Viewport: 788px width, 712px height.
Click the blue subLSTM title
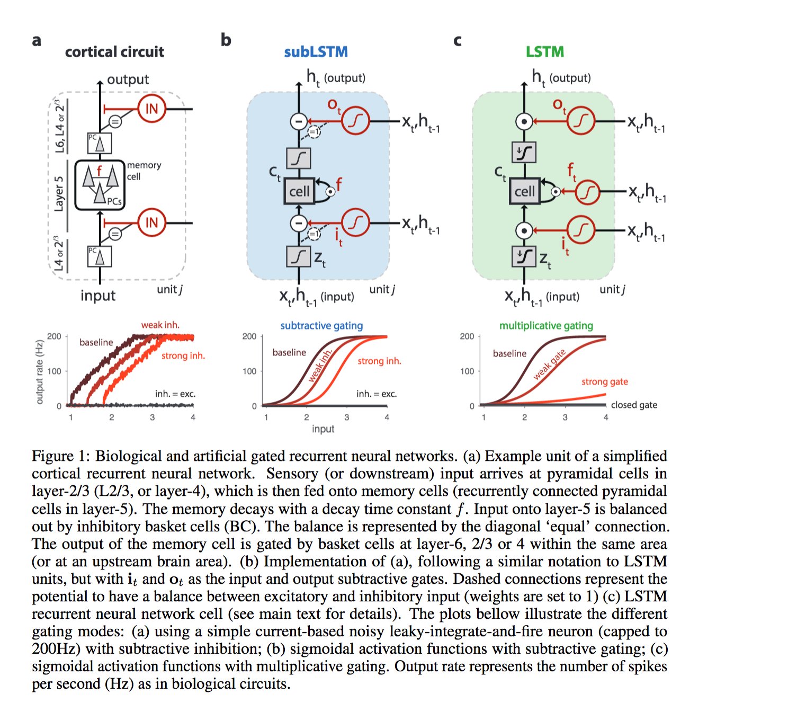coord(316,51)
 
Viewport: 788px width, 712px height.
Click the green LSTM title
coord(545,51)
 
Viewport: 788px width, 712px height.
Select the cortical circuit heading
coord(114,51)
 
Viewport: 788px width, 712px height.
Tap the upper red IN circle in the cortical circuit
coord(151,109)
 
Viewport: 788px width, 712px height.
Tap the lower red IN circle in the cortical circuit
coord(151,222)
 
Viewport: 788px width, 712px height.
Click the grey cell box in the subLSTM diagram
coord(299,191)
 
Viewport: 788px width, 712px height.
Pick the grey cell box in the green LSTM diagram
coord(524,191)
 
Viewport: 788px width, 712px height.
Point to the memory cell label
coord(144,171)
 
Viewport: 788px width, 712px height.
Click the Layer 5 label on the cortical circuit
coord(59,193)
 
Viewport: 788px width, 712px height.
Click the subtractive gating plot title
coord(321,325)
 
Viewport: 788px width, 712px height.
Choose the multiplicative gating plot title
coord(546,325)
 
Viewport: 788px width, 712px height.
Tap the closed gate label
coord(634,405)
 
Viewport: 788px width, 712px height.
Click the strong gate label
coord(605,381)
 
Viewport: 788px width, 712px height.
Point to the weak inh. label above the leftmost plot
coord(160,325)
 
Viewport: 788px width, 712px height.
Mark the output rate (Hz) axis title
coord(39,372)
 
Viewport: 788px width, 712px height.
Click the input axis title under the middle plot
coord(323,429)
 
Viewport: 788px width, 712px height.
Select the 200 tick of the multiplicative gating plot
coord(467,336)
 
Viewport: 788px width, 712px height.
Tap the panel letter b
coord(226,39)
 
